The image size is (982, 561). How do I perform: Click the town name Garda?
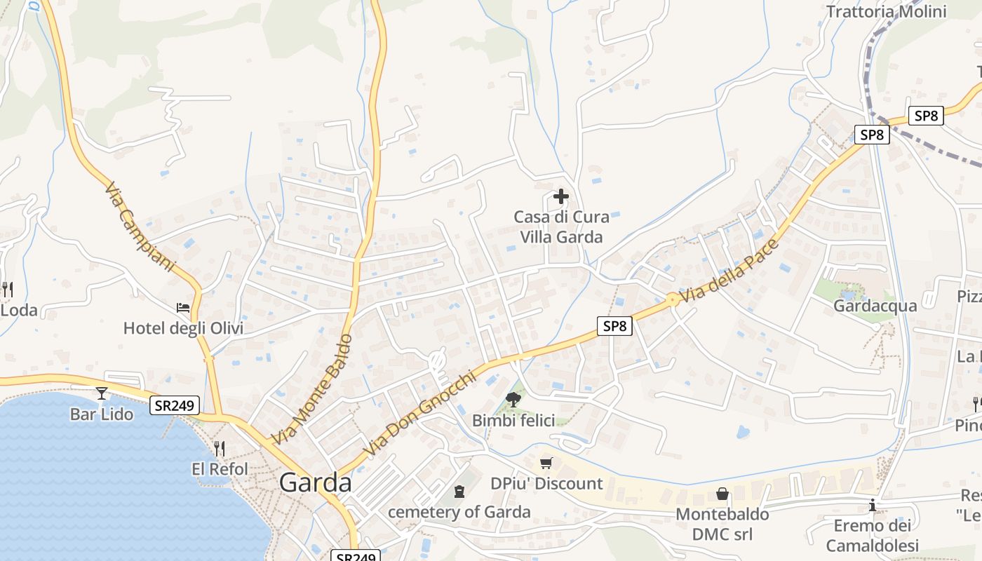coord(316,482)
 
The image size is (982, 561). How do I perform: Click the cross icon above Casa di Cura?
coord(560,196)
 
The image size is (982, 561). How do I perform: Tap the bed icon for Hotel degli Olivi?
coord(183,307)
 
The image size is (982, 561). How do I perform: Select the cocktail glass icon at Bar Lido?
coord(102,393)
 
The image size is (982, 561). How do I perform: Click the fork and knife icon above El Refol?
coord(220,449)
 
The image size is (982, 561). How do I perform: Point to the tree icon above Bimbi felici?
coord(513,400)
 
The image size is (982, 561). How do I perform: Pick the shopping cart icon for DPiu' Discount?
coord(546,463)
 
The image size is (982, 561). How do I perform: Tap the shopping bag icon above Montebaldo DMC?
coord(722,494)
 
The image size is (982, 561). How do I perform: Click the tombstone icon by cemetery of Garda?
coord(459,492)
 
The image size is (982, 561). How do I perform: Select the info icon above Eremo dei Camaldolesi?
coord(873,505)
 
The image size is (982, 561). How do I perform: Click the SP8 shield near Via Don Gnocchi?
coord(614,325)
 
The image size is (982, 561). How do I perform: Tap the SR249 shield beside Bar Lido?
coord(174,405)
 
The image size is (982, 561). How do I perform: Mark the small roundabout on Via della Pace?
coord(672,299)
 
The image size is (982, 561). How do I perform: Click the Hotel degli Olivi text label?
coord(183,328)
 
